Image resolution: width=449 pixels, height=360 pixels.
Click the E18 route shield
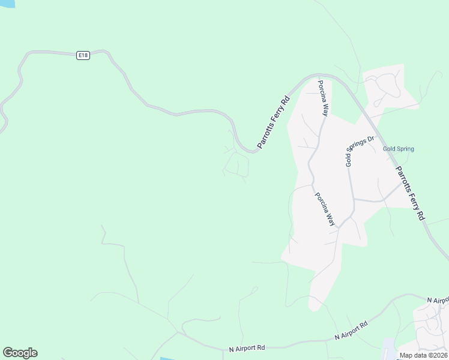(83, 55)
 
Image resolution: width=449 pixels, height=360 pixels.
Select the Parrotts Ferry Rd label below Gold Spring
(411, 191)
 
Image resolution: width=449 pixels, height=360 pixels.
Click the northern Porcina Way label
(324, 98)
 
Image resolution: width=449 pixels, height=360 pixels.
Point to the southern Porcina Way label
(325, 208)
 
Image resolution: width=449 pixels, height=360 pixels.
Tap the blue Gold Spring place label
(398, 149)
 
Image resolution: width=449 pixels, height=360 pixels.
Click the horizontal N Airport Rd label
(247, 348)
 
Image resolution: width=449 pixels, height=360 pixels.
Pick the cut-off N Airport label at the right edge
(438, 299)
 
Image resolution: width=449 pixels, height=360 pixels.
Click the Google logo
(20, 353)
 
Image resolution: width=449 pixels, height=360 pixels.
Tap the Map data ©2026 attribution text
(423, 355)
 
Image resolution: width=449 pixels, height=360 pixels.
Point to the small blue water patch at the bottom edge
(167, 358)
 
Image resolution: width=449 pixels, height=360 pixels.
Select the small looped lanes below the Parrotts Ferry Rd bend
(237, 164)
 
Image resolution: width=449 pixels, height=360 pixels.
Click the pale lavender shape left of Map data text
(388, 349)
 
